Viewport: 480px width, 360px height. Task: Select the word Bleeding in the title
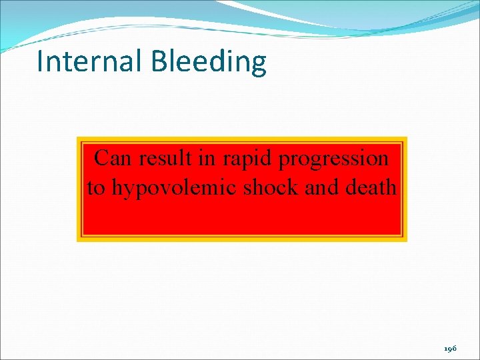[x=209, y=62]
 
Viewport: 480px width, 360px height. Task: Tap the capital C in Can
[x=101, y=159]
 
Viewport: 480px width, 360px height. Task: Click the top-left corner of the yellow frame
[x=78, y=138]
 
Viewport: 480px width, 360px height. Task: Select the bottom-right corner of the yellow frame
[x=406, y=240]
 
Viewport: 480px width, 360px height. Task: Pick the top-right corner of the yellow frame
[x=406, y=138]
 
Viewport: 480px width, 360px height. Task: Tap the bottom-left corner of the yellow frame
[x=78, y=240]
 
